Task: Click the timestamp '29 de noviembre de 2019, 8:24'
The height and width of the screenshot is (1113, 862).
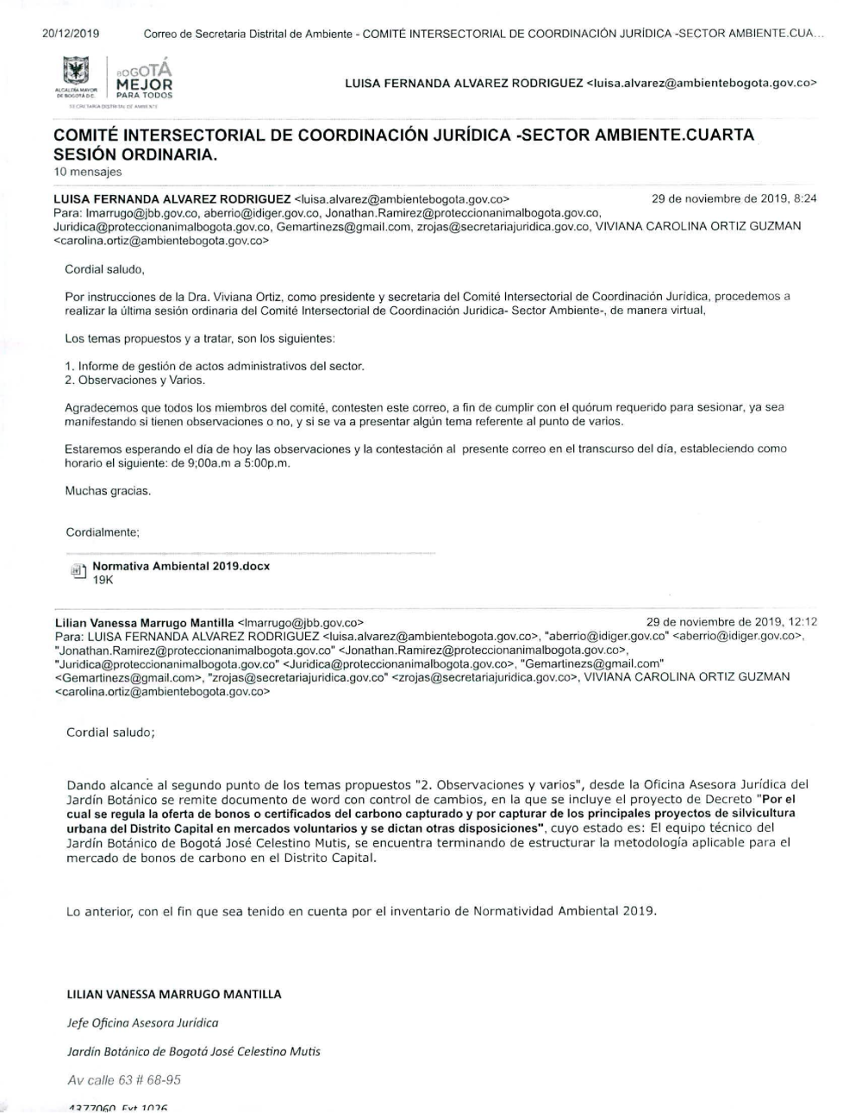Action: click(x=734, y=198)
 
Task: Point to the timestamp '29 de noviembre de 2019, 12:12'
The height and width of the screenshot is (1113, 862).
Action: click(x=732, y=621)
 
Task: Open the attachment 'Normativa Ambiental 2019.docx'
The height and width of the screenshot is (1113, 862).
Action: click(x=181, y=566)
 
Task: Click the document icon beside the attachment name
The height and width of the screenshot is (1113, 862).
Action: click(x=77, y=571)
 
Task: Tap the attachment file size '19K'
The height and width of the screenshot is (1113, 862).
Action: click(x=103, y=581)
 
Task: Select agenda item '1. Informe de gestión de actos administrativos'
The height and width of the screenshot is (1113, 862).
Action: click(x=215, y=366)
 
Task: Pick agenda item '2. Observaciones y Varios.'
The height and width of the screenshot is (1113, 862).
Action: click(x=135, y=380)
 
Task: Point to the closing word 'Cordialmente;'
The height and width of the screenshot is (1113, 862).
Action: click(x=103, y=532)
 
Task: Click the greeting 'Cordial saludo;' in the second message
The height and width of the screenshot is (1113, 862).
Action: click(x=110, y=733)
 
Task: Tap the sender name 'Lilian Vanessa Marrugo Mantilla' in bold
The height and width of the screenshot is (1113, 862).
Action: click(x=144, y=622)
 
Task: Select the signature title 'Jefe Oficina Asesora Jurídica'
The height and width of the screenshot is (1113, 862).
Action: click(x=142, y=1022)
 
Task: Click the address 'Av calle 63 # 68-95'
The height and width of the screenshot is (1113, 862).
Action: click(x=124, y=1080)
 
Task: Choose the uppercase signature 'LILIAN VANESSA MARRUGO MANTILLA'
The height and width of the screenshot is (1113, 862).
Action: click(x=174, y=994)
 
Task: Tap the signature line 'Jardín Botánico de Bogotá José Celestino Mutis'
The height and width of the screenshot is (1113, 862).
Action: click(x=193, y=1051)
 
